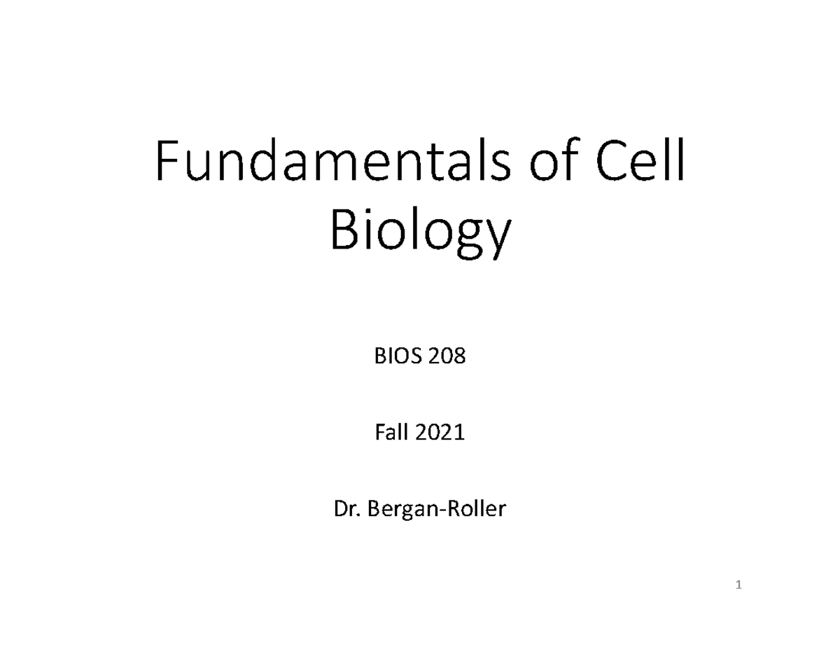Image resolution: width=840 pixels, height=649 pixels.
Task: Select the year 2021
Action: (440, 434)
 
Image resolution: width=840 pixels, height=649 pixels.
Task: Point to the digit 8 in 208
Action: (459, 358)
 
